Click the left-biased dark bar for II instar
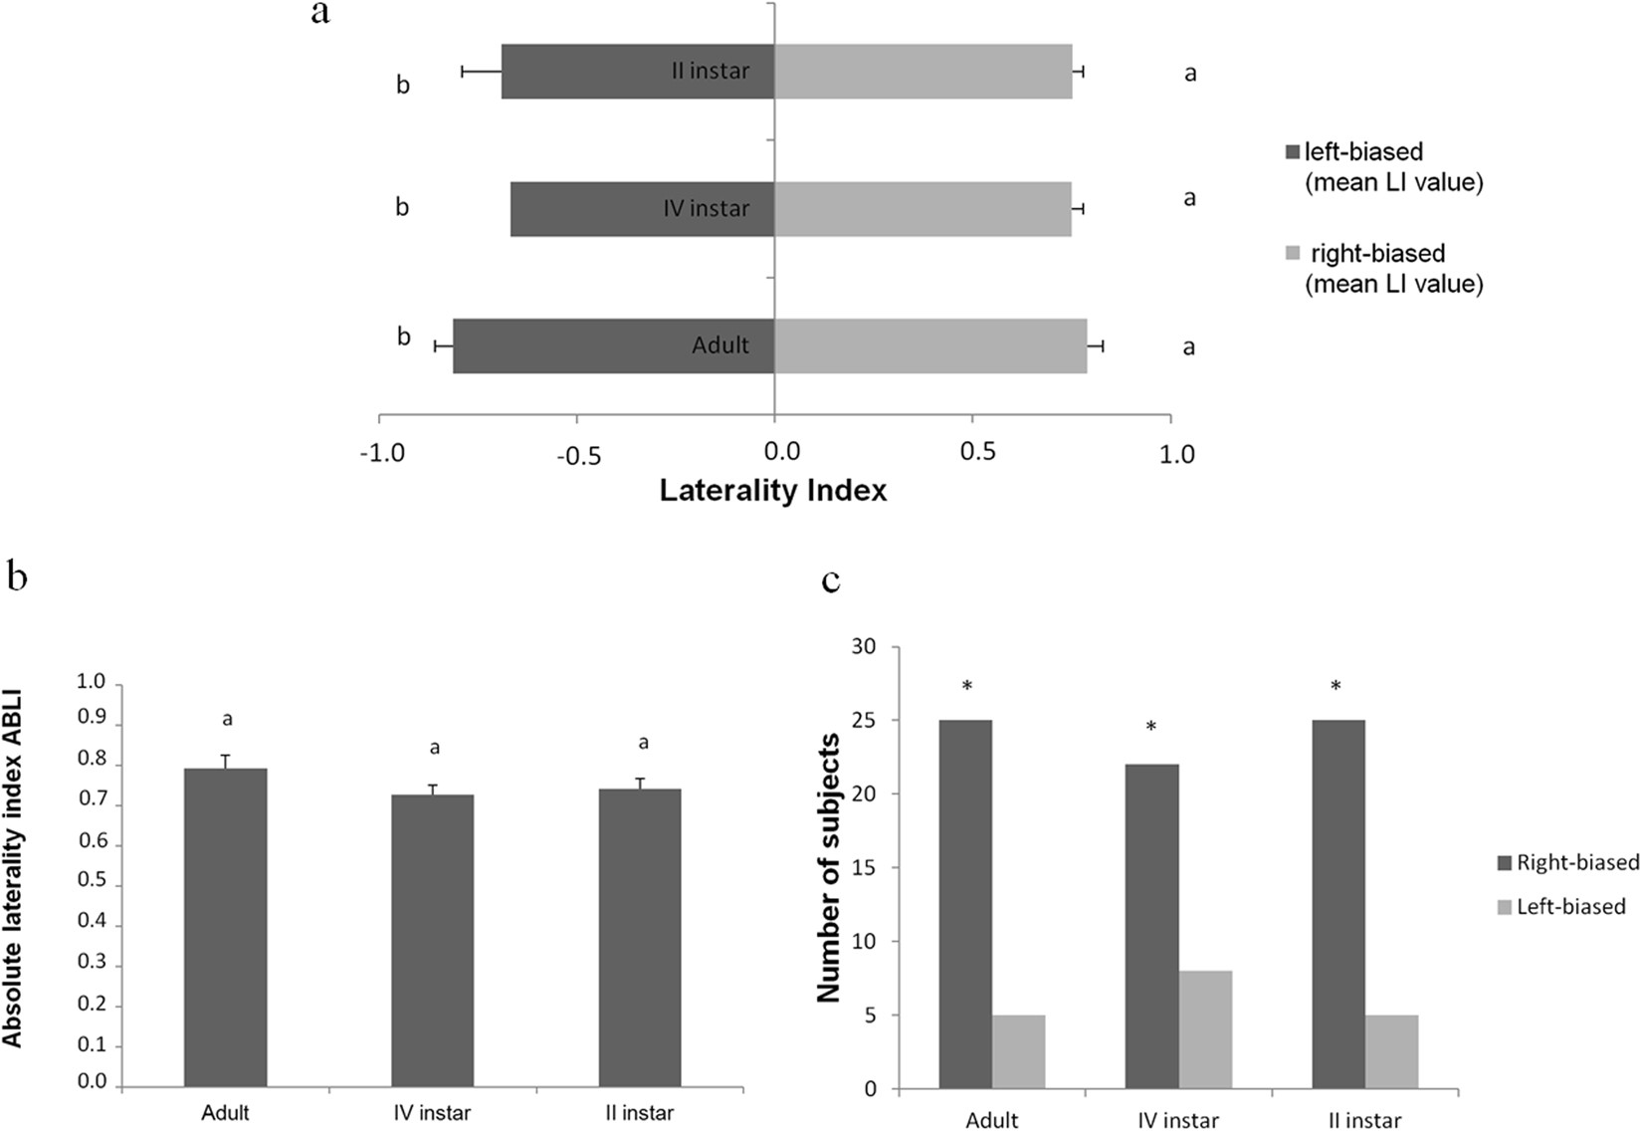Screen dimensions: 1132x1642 [x=597, y=72]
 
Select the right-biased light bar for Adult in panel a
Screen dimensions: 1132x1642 [x=930, y=346]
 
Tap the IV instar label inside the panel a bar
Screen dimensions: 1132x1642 [x=707, y=209]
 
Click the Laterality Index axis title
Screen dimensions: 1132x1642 [x=773, y=491]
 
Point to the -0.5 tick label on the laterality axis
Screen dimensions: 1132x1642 [x=578, y=455]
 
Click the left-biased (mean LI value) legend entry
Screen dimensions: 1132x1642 [x=1383, y=167]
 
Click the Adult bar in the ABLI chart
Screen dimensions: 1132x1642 [x=226, y=926]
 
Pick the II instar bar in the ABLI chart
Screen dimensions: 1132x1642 [x=640, y=936]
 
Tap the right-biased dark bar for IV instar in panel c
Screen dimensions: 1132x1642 [x=1151, y=926]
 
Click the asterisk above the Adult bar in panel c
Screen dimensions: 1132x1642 [x=966, y=687]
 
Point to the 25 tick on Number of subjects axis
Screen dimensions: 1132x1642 [x=866, y=720]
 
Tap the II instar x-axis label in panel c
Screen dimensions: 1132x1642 [x=1364, y=1121]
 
